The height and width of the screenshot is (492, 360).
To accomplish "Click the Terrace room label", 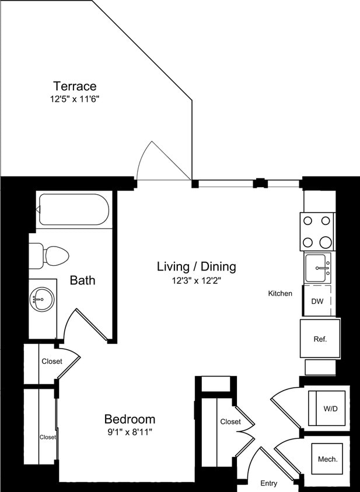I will coord(75,86).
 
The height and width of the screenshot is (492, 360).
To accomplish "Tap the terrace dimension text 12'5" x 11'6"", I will coord(75,99).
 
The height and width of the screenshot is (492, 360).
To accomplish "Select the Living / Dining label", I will coord(196,266).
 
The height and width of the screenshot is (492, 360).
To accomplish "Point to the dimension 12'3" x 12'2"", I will coord(196,280).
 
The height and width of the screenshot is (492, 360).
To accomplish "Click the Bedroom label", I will coord(130,419).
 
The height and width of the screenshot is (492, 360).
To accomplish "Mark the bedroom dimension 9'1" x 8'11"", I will coord(130,431).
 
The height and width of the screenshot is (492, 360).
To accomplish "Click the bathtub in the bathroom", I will coord(73,210).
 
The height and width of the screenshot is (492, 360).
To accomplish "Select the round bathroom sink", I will coord(41,300).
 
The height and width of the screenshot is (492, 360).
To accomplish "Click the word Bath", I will coord(82,280).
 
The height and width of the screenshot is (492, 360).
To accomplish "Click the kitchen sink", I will coord(317,268).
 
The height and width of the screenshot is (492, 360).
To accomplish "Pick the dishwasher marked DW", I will coord(317,301).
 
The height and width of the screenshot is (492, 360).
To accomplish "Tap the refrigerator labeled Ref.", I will coord(320,339).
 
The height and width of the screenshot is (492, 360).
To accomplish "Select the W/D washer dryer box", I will coord(330,409).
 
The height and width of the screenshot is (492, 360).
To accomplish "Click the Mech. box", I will coord(328,459).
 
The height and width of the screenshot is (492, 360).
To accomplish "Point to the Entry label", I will coord(269,483).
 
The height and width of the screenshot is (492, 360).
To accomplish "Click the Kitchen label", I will coord(280,293).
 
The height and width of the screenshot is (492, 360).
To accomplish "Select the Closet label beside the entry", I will coord(230,421).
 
